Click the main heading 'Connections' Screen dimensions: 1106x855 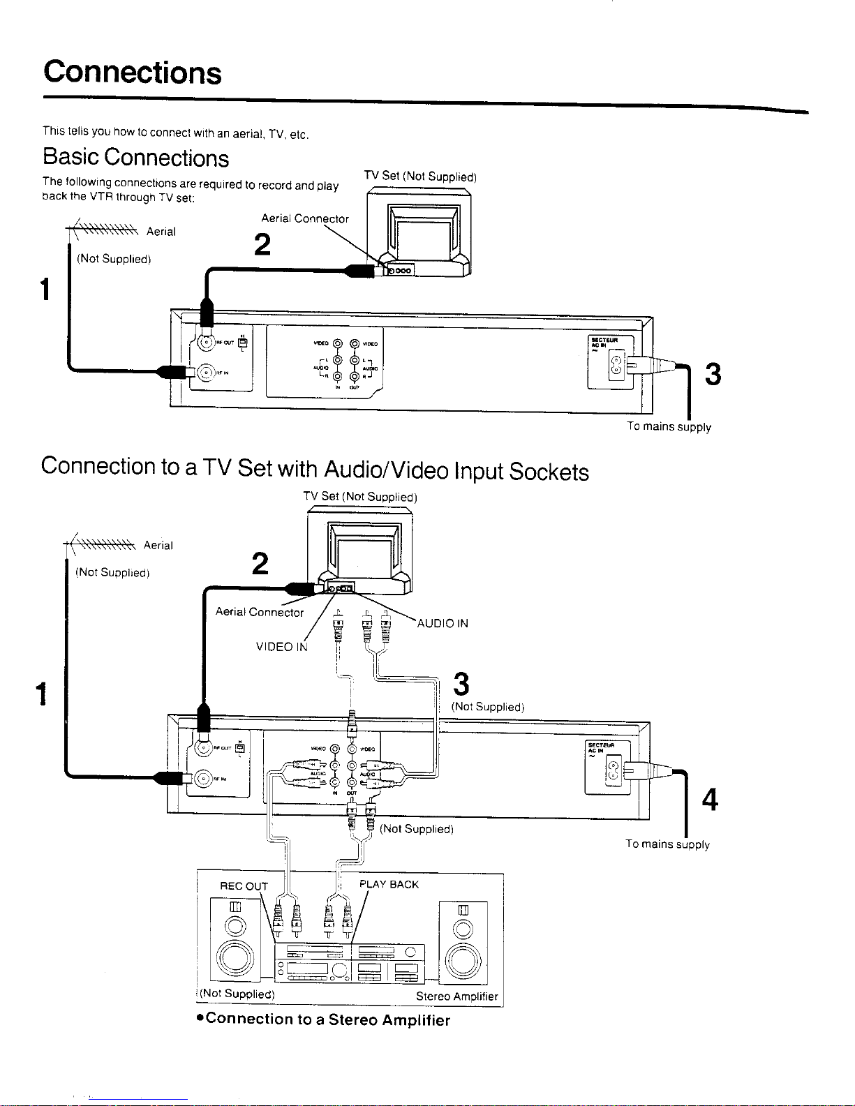coord(133,73)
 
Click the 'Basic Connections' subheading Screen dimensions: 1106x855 coord(135,158)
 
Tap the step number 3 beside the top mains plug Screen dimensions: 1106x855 coord(712,375)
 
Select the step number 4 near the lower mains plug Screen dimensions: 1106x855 coord(710,800)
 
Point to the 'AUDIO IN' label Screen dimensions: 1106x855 coord(443,624)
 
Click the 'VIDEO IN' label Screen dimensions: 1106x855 coord(282,647)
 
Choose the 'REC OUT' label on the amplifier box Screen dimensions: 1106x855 coord(244,886)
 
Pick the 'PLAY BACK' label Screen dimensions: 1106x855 coord(389,885)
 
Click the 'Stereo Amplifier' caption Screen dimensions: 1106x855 coord(456,996)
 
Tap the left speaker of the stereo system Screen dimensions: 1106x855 coord(235,939)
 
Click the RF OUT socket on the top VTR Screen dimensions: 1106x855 coord(207,342)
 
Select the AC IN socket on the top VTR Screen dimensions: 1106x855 coord(616,364)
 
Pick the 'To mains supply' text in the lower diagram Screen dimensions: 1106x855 coord(667,844)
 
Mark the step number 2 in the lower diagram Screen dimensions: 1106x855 coord(260,564)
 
